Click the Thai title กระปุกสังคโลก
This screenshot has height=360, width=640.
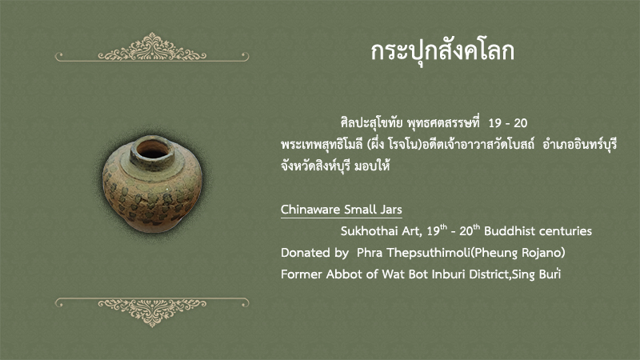(442, 52)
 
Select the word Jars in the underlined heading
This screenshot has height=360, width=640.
(391, 210)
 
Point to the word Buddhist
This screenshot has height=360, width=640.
(507, 231)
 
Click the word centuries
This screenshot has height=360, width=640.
(562, 231)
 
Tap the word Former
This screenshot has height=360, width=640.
(302, 274)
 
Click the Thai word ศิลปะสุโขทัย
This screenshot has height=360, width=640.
(372, 122)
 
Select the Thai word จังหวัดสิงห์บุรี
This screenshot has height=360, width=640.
(316, 166)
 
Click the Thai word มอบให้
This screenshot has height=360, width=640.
(372, 166)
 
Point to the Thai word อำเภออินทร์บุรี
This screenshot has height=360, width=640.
(579, 144)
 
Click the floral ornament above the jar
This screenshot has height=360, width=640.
(152, 49)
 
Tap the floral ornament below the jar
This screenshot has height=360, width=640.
(152, 311)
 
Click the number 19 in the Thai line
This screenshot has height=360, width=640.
(494, 123)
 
